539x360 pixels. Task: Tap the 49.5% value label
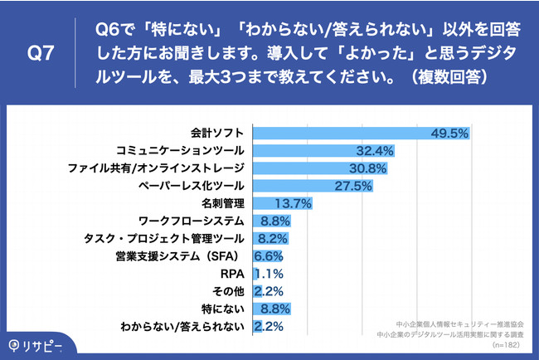pos(450,133)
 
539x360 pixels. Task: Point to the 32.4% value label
pos(373,150)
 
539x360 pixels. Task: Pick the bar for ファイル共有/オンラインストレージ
pos(307,168)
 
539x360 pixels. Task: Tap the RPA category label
pos(232,274)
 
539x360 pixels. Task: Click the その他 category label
pos(228,291)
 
